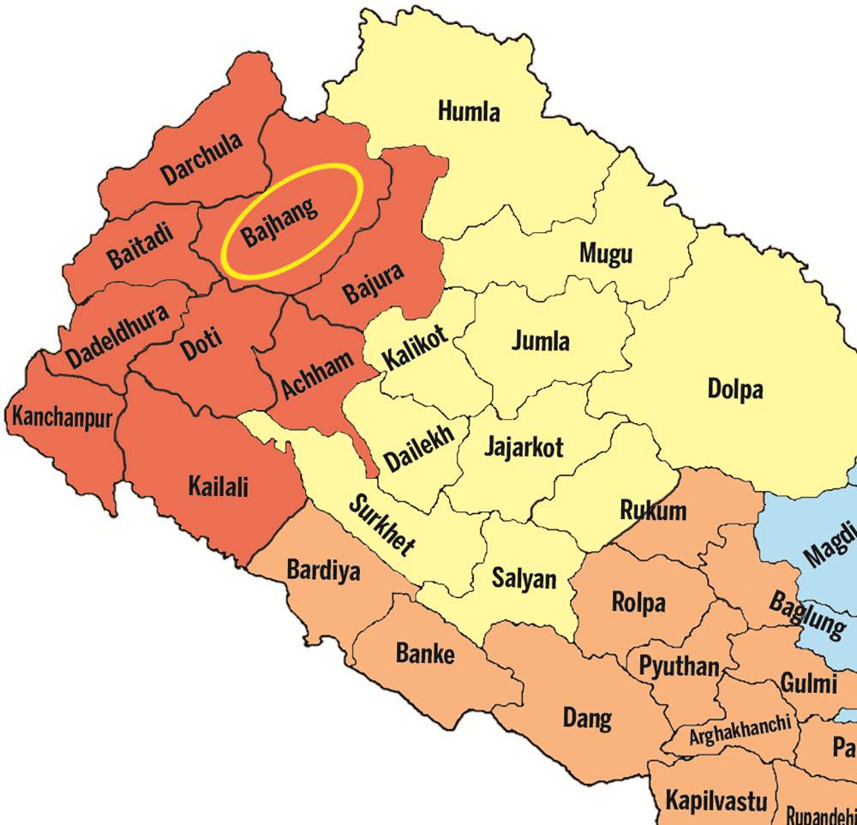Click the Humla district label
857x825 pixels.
tap(469, 111)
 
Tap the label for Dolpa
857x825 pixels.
tap(734, 390)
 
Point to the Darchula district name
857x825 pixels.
tap(202, 159)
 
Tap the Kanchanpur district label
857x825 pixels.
tap(61, 419)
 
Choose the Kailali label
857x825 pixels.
tap(218, 487)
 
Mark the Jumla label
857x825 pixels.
tap(540, 341)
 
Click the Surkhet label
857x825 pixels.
tap(382, 524)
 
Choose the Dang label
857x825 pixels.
tap(587, 718)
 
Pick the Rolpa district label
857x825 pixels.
tap(638, 602)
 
